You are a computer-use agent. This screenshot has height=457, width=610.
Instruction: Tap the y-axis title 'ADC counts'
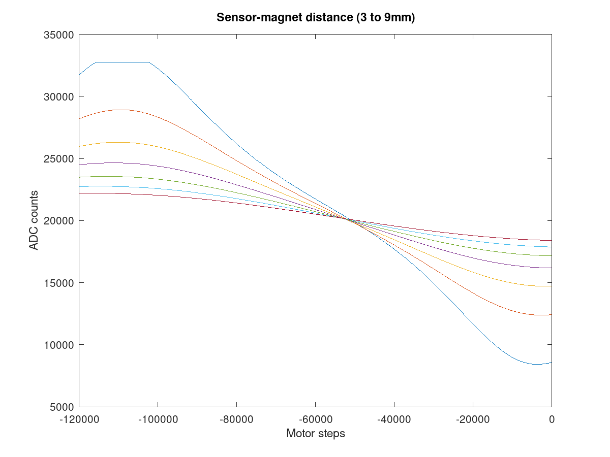[34, 220]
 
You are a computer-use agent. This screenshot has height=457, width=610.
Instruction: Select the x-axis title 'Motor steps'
[316, 434]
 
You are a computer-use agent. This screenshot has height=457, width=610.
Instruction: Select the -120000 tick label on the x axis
[79, 419]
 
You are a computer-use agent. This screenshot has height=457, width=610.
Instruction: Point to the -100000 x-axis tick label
[158, 419]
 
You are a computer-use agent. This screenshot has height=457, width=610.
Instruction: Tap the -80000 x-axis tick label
[236, 419]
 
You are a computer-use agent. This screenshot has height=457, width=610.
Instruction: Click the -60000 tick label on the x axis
[315, 419]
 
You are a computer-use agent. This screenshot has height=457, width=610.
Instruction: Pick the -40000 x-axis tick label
[394, 419]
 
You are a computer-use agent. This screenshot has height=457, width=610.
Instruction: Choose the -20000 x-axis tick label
[473, 419]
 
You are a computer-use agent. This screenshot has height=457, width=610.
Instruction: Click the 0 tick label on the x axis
[552, 419]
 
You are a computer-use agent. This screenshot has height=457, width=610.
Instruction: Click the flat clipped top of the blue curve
[122, 62]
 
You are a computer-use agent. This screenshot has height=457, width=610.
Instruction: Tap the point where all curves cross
[349, 219]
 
